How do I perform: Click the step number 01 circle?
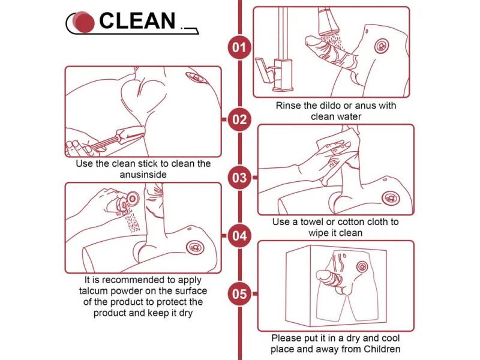[239, 47]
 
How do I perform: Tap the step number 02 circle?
[239, 119]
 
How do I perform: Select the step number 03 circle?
[239, 178]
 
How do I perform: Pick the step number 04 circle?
[239, 236]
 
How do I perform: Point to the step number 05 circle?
[239, 294]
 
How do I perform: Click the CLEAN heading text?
[137, 21]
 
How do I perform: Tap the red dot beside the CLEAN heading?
[85, 23]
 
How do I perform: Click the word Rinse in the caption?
[289, 106]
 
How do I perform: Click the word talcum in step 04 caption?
[94, 291]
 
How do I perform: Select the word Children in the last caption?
[382, 349]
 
